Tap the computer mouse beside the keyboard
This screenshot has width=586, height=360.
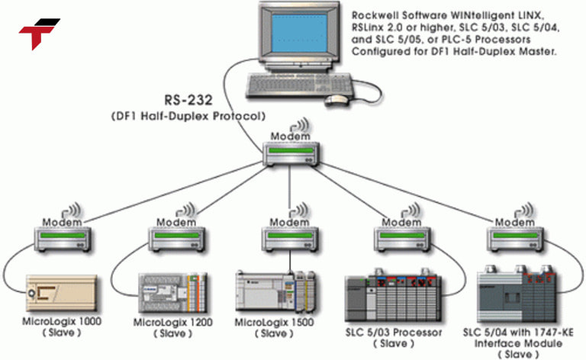coord(336,99)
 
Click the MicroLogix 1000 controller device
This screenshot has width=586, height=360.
coord(60,294)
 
